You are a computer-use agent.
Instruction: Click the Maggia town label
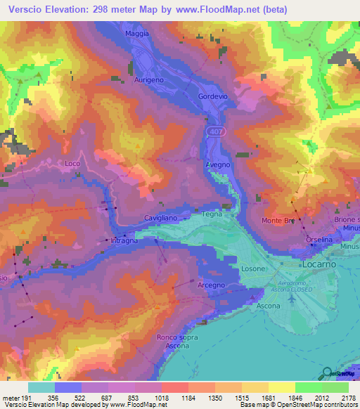[x=137, y=34]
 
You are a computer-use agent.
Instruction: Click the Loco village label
[x=72, y=163]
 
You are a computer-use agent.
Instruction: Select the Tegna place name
[x=212, y=214]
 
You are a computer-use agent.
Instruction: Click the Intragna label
[x=124, y=241]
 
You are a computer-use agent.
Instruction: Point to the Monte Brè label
[x=278, y=221]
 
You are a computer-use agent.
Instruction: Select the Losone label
[x=253, y=268]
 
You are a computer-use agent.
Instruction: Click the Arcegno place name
[x=211, y=285]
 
